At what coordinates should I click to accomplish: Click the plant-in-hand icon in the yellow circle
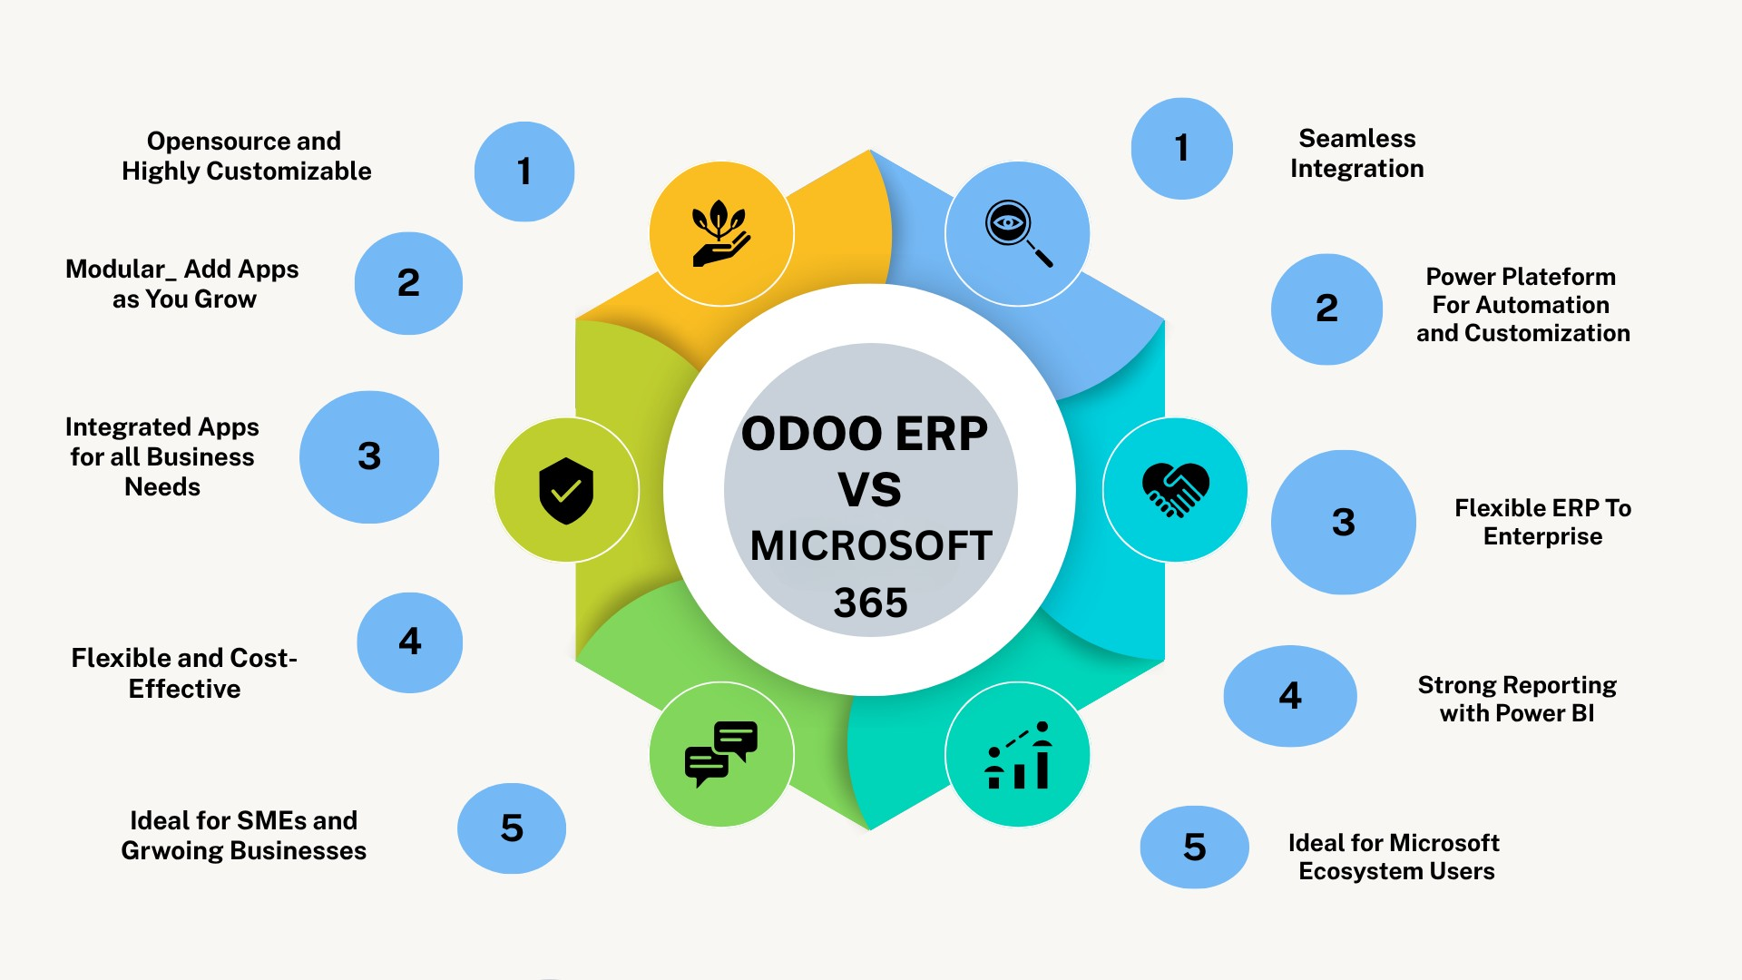click(720, 233)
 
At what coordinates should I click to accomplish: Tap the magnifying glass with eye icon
click(1019, 233)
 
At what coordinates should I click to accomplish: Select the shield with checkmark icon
click(566, 490)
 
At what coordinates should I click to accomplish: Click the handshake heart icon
click(1175, 490)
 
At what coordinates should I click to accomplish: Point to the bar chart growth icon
click(1018, 755)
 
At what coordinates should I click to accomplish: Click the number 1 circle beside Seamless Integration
click(1181, 148)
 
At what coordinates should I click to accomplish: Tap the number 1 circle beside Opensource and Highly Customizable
click(524, 171)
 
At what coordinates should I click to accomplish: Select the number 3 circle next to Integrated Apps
click(369, 456)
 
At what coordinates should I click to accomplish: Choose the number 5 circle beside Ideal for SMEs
click(512, 828)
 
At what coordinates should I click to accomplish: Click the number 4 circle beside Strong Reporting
click(1290, 696)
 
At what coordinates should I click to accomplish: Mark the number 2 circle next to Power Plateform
click(1326, 309)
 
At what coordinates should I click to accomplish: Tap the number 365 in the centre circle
click(871, 603)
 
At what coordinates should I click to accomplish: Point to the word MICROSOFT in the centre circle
click(871, 545)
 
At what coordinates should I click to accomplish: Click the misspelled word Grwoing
click(171, 851)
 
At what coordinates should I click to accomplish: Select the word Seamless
click(1357, 138)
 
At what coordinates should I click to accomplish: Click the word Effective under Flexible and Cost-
click(184, 689)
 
